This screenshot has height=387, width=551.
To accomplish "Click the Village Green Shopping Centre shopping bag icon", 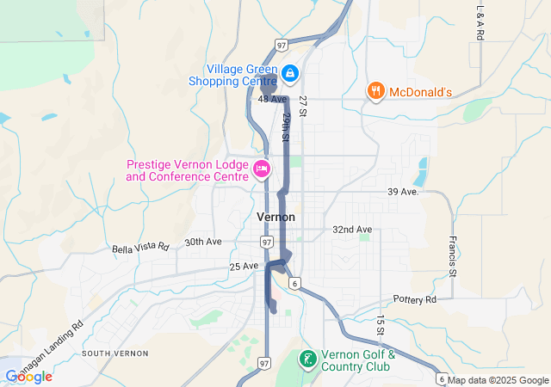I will (290, 74).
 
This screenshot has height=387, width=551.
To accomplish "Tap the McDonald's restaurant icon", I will (375, 90).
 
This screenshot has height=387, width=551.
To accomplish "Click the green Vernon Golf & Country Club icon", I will (306, 359).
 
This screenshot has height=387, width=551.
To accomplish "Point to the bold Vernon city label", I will (275, 217).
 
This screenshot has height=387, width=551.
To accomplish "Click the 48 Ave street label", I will (271, 100).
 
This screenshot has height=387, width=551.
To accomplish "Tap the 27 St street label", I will (303, 106).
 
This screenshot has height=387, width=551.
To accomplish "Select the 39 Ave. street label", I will (403, 191).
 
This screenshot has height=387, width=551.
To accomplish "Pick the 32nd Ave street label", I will (352, 230).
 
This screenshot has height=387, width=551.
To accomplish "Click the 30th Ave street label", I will (203, 243).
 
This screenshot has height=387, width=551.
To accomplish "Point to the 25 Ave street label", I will (245, 267).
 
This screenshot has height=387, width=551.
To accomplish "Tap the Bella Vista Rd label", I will (140, 248).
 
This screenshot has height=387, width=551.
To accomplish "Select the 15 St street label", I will (380, 325).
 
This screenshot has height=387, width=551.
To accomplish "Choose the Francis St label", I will (452, 255).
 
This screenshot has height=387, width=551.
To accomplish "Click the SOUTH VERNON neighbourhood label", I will (115, 353).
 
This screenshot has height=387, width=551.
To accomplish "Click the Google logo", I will (28, 377).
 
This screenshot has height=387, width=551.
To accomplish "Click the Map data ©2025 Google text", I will (498, 380).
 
